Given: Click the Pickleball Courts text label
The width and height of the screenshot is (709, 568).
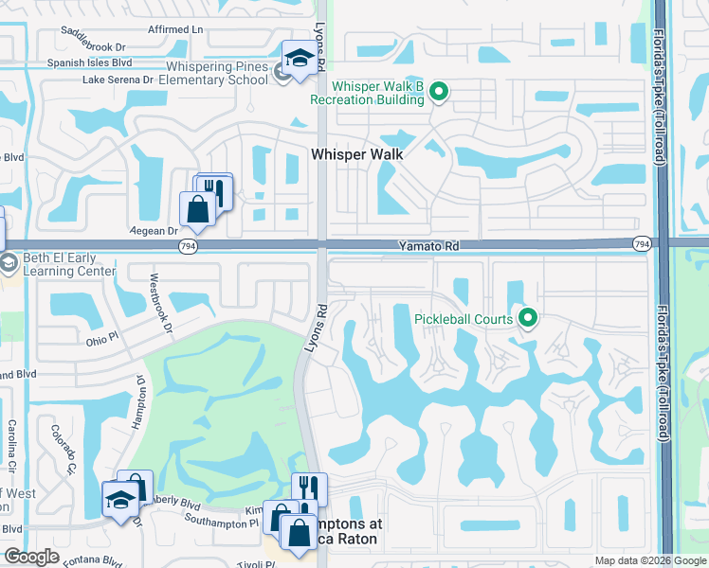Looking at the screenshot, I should [x=464, y=319].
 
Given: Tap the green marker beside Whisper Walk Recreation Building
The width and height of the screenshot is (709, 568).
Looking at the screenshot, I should [x=438, y=92].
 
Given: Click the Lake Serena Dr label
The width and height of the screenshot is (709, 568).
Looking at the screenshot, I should [x=118, y=80].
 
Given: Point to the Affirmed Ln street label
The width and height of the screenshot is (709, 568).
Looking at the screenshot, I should [x=175, y=29].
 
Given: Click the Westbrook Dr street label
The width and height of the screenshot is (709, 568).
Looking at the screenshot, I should [x=156, y=304].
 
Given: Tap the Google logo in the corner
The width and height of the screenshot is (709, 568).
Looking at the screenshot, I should [x=31, y=557].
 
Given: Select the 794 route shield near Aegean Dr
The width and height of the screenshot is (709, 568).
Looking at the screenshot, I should [x=188, y=246].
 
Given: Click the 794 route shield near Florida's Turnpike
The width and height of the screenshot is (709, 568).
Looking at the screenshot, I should [x=642, y=245].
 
